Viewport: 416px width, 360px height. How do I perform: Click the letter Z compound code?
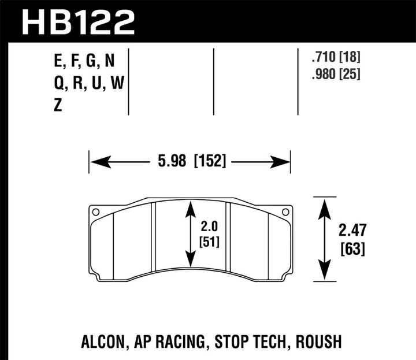coord(57,106)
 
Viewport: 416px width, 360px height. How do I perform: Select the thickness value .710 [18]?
coord(335,58)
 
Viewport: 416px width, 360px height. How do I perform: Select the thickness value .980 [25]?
coord(335,75)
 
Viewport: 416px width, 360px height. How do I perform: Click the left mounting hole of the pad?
coord(96,211)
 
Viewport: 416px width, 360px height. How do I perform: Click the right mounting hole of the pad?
coord(285,212)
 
